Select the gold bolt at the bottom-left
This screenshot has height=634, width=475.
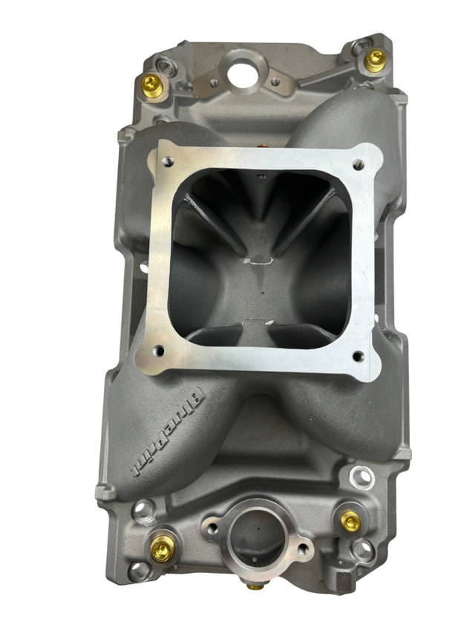pyautogui.click(x=162, y=549)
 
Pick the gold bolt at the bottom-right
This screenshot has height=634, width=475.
pyautogui.click(x=350, y=522)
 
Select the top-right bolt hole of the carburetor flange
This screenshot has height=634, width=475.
pyautogui.click(x=359, y=166)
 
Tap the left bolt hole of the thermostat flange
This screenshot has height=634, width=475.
pyautogui.click(x=213, y=529)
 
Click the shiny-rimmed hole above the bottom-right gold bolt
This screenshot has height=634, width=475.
pyautogui.click(x=361, y=476)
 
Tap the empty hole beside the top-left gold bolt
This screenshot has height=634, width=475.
pyautogui.click(x=167, y=68)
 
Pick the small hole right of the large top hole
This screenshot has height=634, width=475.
pyautogui.click(x=275, y=82)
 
